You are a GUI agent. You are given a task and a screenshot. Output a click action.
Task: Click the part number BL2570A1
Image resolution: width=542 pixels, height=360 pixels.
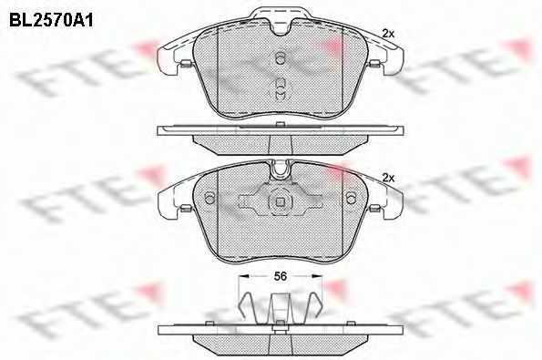(51, 21)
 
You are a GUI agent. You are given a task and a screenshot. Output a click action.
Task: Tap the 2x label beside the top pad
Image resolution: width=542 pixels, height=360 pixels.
(388, 34)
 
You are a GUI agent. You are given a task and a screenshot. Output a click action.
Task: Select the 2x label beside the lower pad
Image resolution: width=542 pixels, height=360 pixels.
(388, 178)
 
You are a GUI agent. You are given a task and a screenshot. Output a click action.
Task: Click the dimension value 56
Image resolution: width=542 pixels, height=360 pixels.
(281, 276)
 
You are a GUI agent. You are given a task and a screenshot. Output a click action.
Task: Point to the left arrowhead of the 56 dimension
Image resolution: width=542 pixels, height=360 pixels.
(244, 276)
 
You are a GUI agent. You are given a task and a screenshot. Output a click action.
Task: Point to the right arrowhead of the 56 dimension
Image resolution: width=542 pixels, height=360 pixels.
(317, 276)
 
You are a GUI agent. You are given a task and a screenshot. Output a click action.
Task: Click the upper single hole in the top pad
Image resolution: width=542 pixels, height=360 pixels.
(281, 57)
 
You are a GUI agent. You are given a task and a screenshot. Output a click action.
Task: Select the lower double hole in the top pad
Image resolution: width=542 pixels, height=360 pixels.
(281, 89)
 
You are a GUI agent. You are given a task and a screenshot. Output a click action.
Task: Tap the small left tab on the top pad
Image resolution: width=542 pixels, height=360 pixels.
(186, 63)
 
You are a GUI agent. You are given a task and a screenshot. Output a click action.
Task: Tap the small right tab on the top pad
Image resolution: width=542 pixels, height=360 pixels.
(375, 63)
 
